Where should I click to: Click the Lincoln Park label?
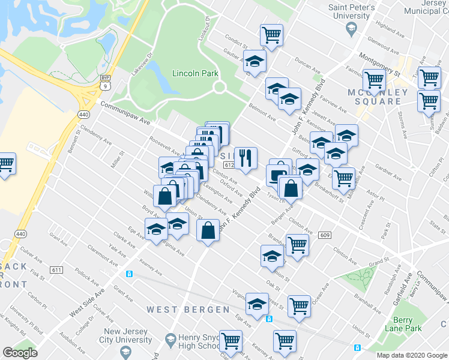coord(195,73)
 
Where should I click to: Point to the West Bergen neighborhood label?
coord(189,310)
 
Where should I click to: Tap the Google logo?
coord(20,353)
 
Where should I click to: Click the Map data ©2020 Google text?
coord(411,355)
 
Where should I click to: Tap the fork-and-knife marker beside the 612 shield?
coord(246,158)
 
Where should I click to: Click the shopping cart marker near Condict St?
coord(271,35)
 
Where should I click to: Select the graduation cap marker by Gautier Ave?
coord(255,61)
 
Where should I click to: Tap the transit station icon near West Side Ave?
coord(128,274)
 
